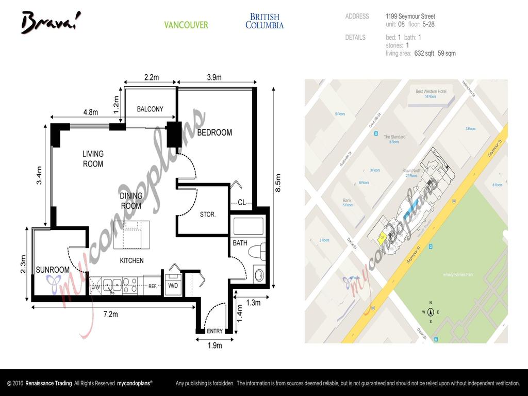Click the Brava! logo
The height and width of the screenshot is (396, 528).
click(x=51, y=22)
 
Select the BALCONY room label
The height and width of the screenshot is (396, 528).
click(x=150, y=109)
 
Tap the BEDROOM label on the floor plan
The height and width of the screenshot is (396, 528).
click(x=214, y=133)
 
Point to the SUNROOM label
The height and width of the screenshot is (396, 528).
click(x=52, y=270)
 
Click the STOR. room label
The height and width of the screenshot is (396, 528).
click(x=207, y=214)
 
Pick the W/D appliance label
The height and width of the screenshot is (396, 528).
click(x=172, y=286)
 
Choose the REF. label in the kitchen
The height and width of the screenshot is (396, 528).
click(x=153, y=286)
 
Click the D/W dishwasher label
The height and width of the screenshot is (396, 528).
click(x=95, y=287)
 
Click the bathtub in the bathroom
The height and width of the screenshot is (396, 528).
click(x=248, y=226)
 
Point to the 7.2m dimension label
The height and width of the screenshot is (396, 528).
click(x=110, y=314)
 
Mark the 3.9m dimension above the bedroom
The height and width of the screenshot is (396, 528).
click(x=214, y=77)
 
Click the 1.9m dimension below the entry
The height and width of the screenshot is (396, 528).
click(x=214, y=345)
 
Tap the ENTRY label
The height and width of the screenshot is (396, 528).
click(x=214, y=331)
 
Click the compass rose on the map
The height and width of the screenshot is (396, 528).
click(x=431, y=311)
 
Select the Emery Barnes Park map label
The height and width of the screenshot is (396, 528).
click(x=458, y=275)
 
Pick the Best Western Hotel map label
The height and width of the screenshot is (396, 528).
click(x=431, y=91)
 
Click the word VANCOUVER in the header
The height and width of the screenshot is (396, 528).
click(x=186, y=25)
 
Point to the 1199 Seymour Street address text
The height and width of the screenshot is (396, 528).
click(x=410, y=16)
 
